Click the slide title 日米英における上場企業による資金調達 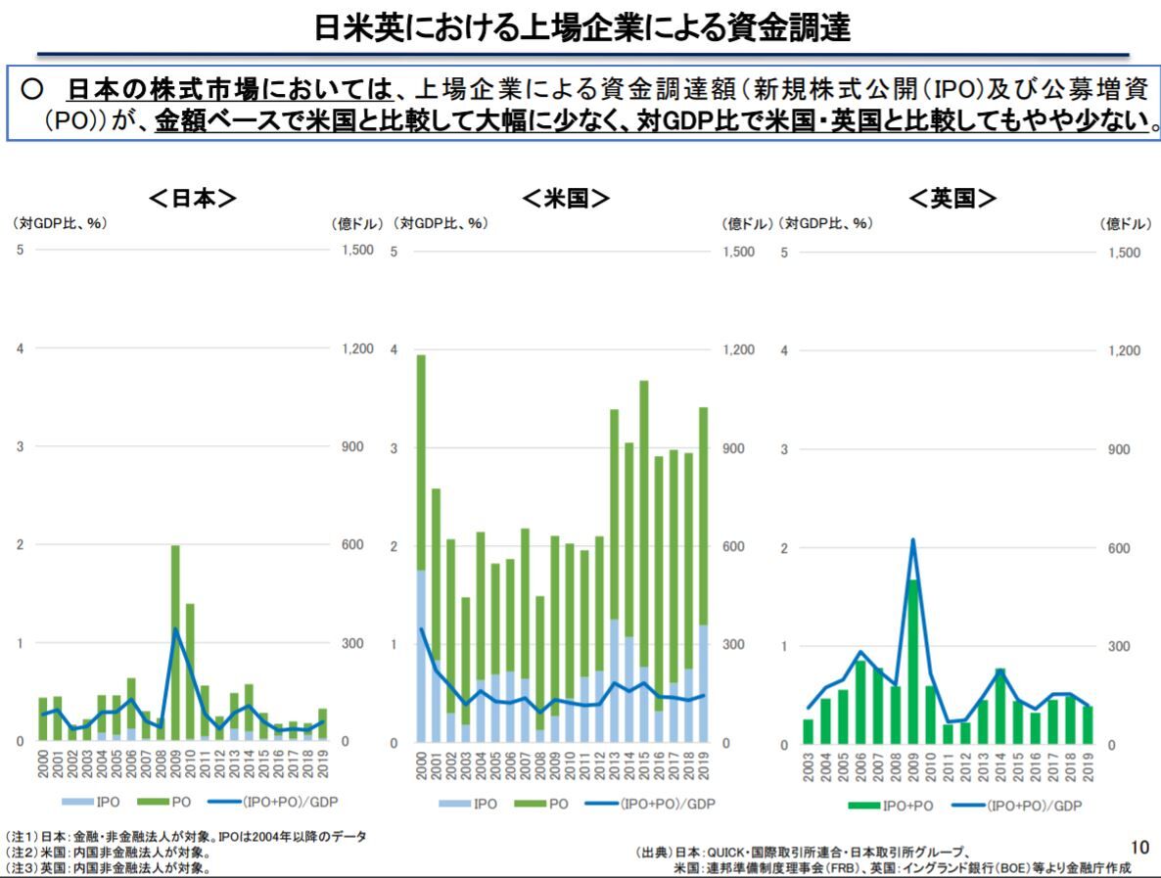click(581, 26)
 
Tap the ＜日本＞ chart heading click(193, 199)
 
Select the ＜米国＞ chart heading click(566, 199)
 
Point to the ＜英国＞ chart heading click(952, 199)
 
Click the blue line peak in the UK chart click(912, 539)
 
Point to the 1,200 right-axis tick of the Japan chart click(357, 348)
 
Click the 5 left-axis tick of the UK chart click(785, 253)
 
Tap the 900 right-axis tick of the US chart click(736, 448)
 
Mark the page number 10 click(1139, 847)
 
